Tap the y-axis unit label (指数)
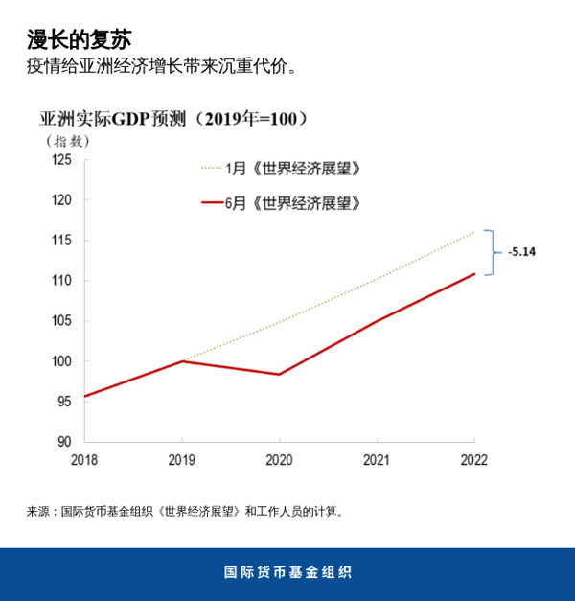69,140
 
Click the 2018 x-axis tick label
84,460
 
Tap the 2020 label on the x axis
279,460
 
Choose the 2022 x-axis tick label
473,460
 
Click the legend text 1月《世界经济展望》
292,169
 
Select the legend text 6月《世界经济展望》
292,203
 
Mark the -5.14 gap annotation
521,252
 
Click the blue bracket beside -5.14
492,253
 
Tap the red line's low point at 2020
279,374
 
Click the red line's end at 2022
473,274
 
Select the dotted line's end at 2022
473,232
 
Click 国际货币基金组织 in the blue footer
287,572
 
